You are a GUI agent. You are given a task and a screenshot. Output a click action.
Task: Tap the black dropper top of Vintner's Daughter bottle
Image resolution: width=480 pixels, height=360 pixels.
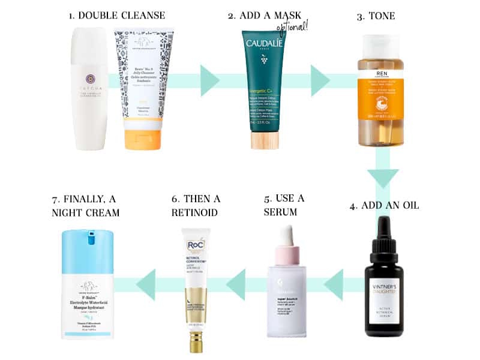pyautogui.click(x=386, y=238)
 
